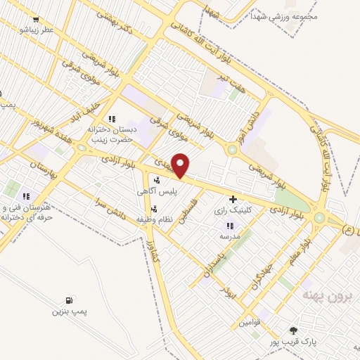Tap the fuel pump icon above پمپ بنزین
pyautogui.click(x=69, y=300)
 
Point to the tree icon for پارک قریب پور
pyautogui.click(x=293, y=330)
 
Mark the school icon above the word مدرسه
pyautogui.click(x=229, y=226)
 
